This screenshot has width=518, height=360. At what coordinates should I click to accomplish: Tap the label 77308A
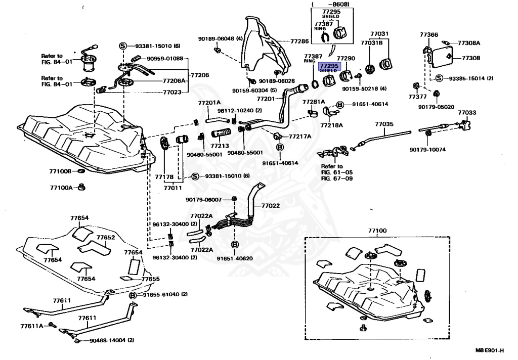point(469,43)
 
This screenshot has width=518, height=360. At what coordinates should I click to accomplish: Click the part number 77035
point(384,124)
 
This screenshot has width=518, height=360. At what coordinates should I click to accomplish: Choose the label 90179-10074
point(428,150)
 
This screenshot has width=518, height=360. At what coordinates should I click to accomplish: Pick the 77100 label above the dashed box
point(377,231)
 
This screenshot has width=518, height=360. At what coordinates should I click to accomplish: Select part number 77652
point(106,237)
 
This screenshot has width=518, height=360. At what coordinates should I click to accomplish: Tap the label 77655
point(150,279)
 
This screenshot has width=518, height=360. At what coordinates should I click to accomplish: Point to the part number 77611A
point(32,326)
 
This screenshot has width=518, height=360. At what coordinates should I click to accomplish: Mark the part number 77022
point(271,206)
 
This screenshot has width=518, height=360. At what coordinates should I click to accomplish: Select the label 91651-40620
point(235,258)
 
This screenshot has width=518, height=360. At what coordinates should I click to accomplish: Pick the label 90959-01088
point(165,59)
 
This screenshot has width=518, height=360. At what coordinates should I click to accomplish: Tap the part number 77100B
point(61,171)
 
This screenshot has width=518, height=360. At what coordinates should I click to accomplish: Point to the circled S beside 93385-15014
point(439,78)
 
